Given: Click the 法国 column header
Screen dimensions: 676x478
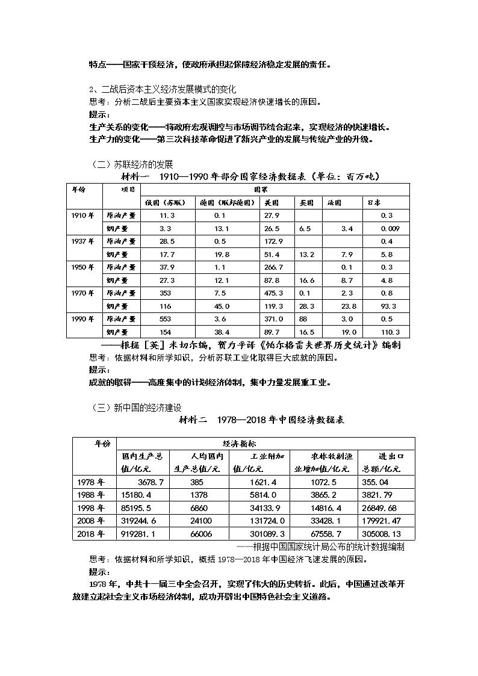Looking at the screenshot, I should [334, 203].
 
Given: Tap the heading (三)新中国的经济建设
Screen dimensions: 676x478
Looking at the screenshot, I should [137, 408].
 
